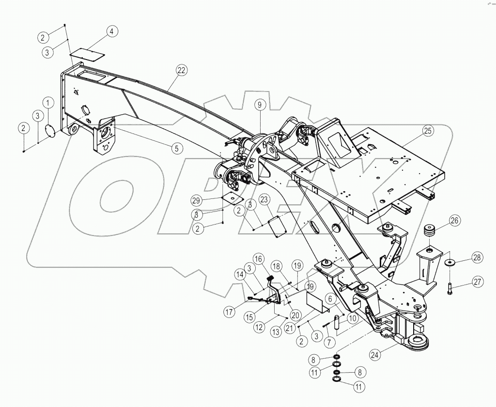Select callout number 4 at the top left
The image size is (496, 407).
(111, 32)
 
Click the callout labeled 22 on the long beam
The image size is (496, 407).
(180, 70)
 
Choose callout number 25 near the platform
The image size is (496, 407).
(427, 131)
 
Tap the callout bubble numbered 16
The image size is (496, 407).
(259, 259)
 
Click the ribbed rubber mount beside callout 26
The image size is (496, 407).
(429, 230)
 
